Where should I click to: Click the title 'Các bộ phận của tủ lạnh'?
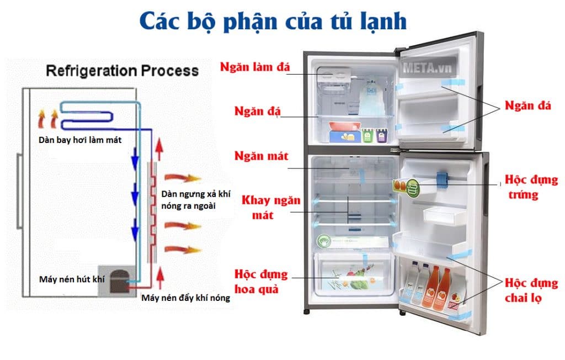tap(273, 21)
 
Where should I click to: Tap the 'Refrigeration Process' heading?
tap(122, 71)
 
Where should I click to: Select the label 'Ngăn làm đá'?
tap(254, 67)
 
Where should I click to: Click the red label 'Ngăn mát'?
tap(261, 156)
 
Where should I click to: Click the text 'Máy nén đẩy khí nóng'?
tap(185, 299)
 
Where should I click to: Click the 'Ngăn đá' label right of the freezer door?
tap(528, 106)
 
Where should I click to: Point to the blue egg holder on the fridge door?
tap(441, 179)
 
